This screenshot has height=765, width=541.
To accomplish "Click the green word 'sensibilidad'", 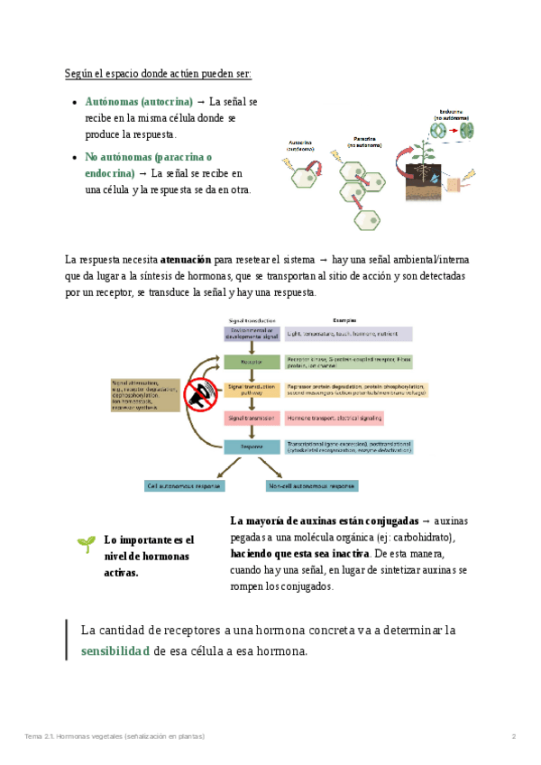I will [x=115, y=650].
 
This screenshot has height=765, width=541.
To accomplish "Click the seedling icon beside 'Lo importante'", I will [x=86, y=543].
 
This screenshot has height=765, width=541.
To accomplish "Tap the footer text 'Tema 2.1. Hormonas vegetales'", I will [x=72, y=737].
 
